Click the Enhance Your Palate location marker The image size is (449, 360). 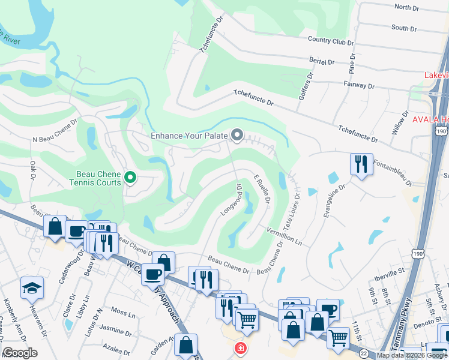(x=237, y=136)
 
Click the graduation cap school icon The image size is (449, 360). (x=32, y=289)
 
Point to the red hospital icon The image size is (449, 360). (x=240, y=348)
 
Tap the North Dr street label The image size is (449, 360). (x=406, y=7)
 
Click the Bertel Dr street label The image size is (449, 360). (x=321, y=61)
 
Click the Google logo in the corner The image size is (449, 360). (x=20, y=353)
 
